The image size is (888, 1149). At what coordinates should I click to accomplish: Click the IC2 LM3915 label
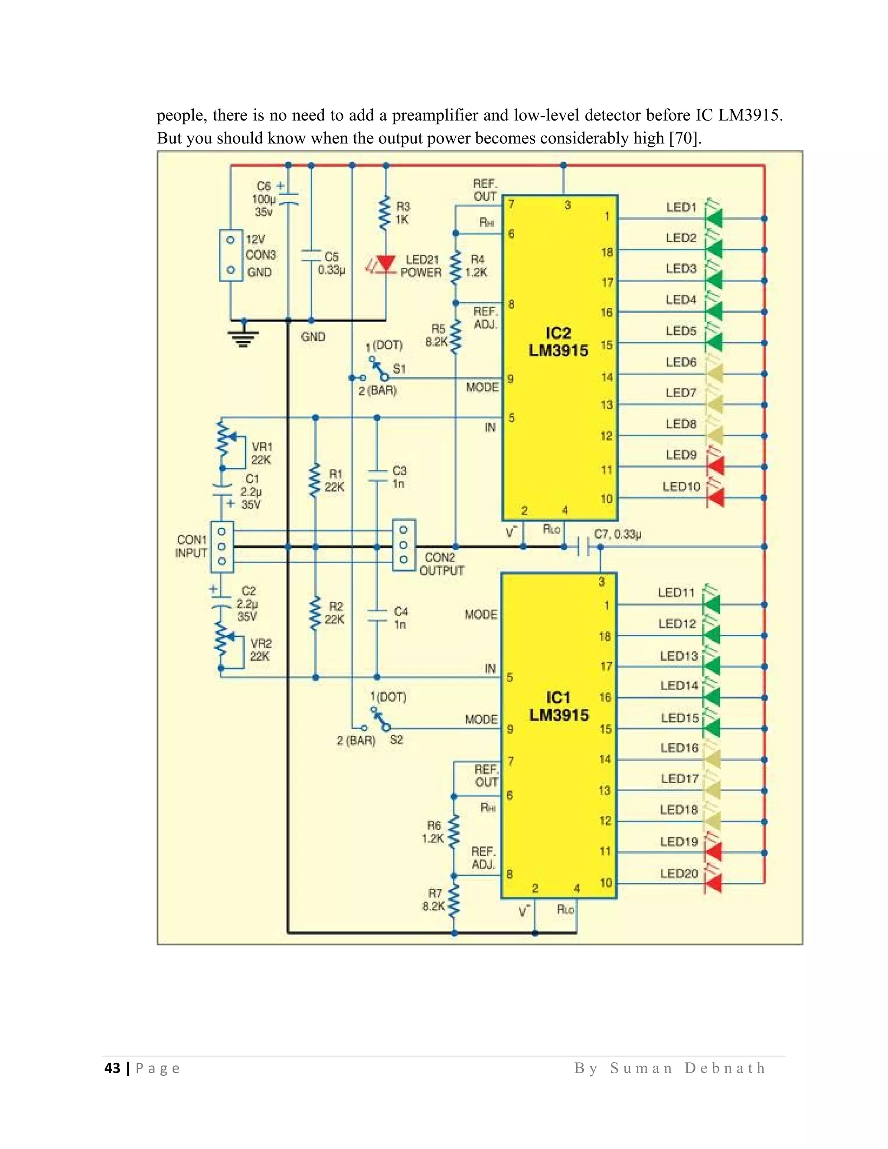[x=558, y=342]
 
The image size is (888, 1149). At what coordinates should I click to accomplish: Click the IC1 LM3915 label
[x=558, y=707]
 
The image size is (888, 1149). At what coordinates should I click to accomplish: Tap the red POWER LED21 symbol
[x=387, y=264]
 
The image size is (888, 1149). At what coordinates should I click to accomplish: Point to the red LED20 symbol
[x=713, y=883]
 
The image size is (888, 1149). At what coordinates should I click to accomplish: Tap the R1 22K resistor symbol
[x=315, y=480]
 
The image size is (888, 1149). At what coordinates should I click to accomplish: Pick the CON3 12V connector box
[x=230, y=255]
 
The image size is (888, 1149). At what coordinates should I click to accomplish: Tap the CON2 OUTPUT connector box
[x=404, y=545]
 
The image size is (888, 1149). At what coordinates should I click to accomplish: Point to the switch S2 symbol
[x=380, y=718]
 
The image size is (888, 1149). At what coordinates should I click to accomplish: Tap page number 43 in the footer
[x=113, y=1068]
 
